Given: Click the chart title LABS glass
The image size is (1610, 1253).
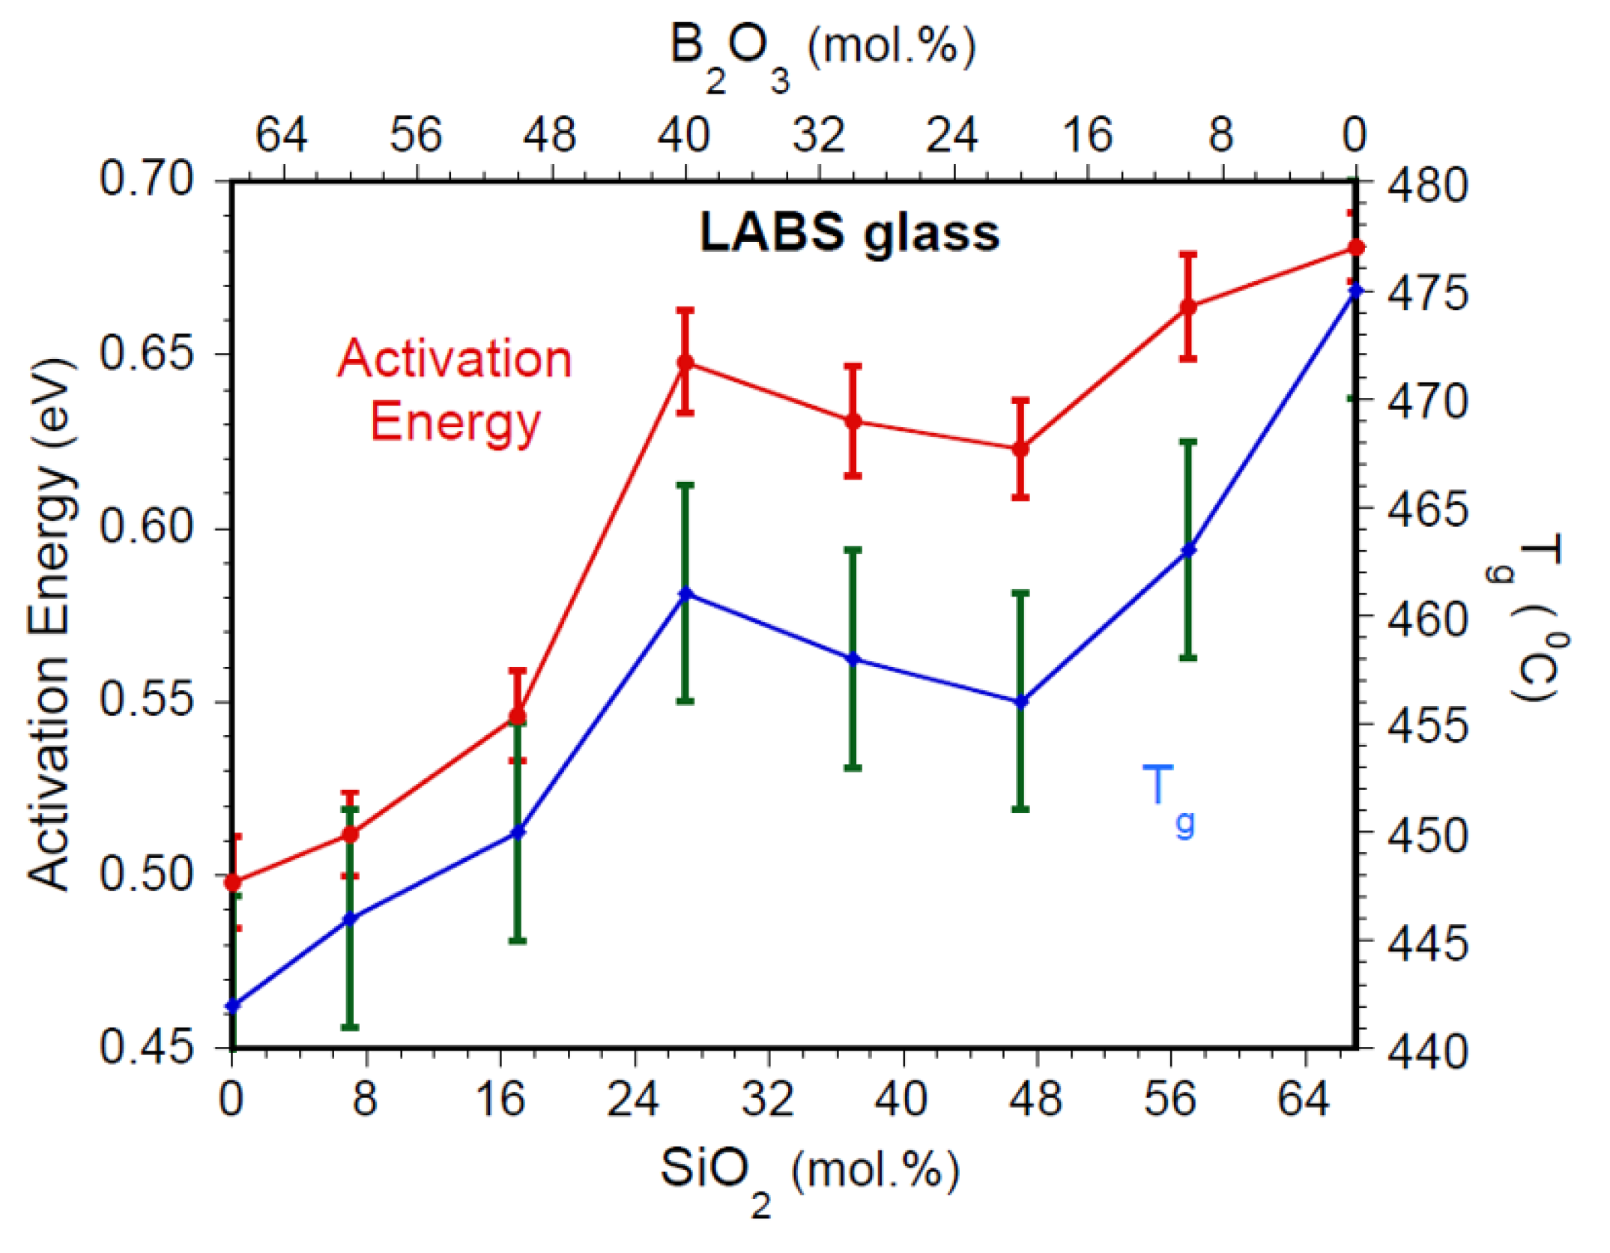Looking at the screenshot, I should click(849, 232).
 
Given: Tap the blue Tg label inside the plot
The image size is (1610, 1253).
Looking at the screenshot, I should click(1167, 799).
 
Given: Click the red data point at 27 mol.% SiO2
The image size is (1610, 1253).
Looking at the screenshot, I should click(686, 363).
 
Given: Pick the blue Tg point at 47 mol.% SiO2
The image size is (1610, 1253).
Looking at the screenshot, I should click(1020, 702).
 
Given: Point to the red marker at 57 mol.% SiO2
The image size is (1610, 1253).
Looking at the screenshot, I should click(1188, 307).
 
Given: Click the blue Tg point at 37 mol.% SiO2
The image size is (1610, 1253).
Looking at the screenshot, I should click(853, 659).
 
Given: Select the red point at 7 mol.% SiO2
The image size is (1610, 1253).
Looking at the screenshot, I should click(350, 834).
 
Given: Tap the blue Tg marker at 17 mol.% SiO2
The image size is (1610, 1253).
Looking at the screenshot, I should click(518, 832).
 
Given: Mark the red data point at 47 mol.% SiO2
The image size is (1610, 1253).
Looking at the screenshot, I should click(1020, 449).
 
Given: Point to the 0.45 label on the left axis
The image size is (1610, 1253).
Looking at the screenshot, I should click(147, 1046).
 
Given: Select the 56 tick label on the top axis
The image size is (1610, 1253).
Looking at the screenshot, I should click(416, 136).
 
